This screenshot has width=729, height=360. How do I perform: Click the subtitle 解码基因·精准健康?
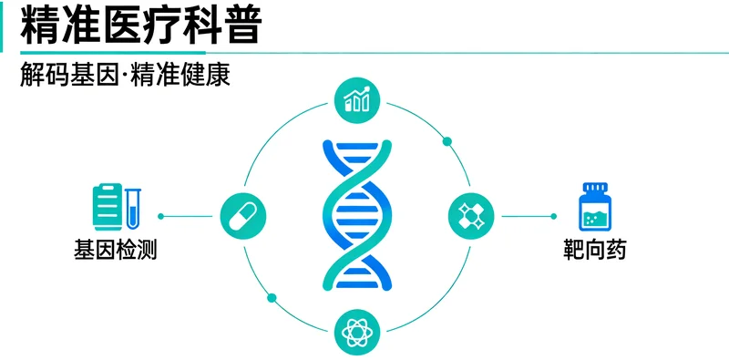pos(124,75)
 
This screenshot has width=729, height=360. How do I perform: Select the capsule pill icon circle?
pos(242,216)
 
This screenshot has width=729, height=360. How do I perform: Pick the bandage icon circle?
pos(471,216)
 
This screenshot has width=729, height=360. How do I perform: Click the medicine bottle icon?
pos(595,208)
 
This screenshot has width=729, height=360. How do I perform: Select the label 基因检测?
pos(116,249)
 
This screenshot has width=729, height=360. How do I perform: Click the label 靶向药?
pos(595,249)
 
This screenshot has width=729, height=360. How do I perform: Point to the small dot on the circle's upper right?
pos(447,141)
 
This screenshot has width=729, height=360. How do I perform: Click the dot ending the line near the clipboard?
pos(160,216)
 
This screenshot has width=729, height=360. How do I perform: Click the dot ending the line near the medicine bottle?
pos(553,216)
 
